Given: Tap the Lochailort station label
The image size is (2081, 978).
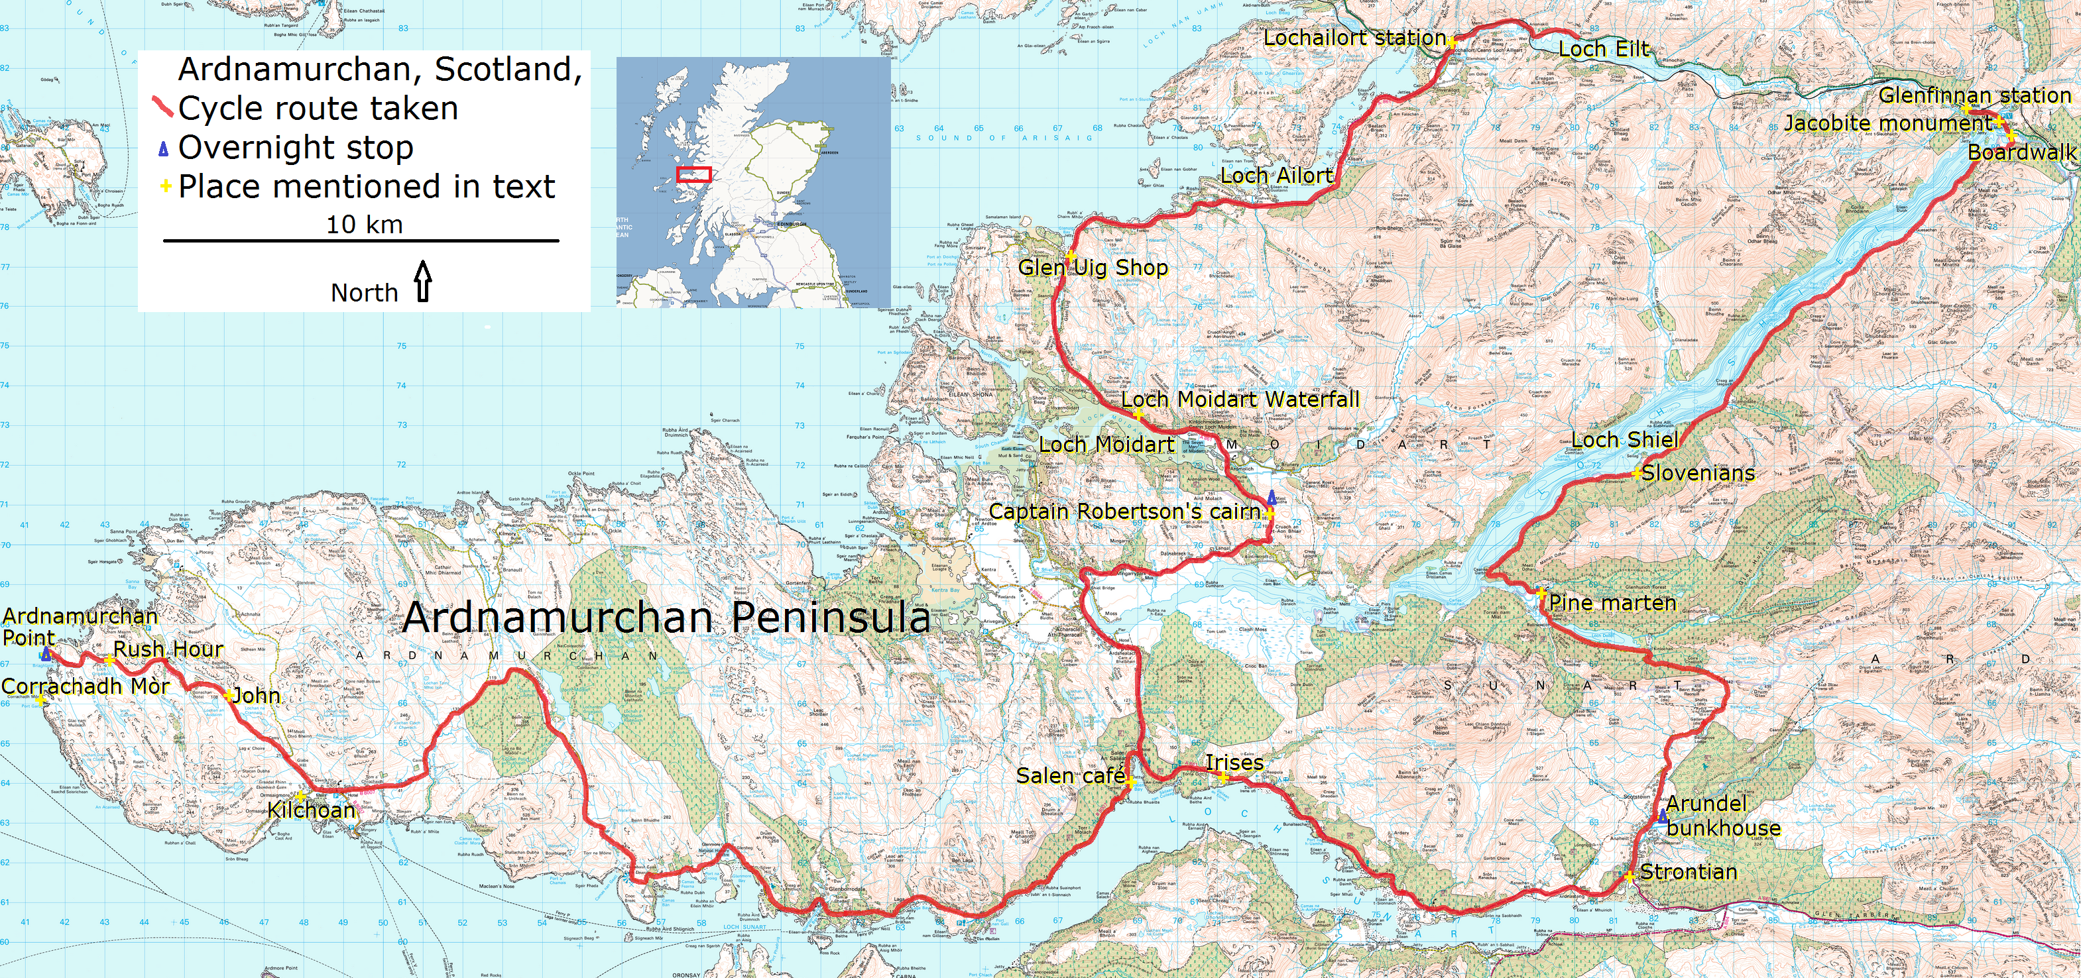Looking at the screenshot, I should pos(1354,38).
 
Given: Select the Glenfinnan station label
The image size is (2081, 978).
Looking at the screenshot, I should pos(1974,95).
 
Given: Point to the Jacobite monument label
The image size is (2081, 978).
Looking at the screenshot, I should pos(1888,123).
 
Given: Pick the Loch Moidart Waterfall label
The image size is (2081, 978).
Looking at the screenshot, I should pos(1240,400).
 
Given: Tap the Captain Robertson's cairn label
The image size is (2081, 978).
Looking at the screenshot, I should pos(1124,512).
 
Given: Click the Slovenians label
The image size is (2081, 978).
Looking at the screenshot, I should pos(1698,473).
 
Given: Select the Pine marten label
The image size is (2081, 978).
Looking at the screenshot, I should pos(1612,603).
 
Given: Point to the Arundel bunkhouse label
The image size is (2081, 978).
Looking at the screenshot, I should pos(1722,816).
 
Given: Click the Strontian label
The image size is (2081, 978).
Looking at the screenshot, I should pos(1689,872).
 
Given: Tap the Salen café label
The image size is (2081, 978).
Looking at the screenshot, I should pos(1071,776).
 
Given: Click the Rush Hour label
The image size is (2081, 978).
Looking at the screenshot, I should pos(168,649).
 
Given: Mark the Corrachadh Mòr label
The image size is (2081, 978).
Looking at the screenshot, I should pos(85,686).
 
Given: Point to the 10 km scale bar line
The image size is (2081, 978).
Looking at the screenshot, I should pos(361,241).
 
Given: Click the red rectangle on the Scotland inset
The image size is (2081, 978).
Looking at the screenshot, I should pos(693,174).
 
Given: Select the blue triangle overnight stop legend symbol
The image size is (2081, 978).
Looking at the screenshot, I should pos(163,148).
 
